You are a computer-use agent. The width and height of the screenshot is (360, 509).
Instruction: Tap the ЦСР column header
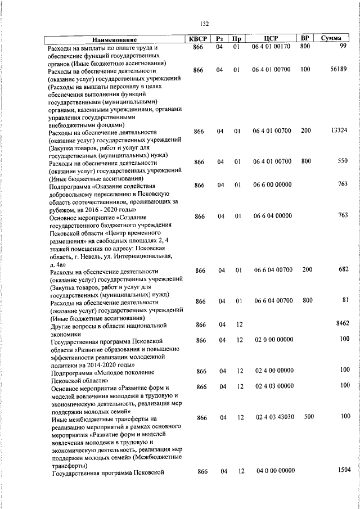pos(272,39)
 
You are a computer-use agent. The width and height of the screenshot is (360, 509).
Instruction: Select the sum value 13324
pos(339,130)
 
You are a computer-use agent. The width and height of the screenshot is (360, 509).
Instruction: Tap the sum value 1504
pos(341,470)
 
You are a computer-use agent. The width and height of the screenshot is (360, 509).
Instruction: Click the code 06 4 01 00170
pos(272,47)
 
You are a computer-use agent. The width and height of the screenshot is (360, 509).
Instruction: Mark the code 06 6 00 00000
pos(273,184)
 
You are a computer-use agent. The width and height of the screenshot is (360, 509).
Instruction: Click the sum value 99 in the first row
pos(343,46)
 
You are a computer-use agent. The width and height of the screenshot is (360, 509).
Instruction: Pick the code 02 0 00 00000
pos(274,340)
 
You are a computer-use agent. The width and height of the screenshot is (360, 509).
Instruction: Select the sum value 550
pos(343,161)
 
